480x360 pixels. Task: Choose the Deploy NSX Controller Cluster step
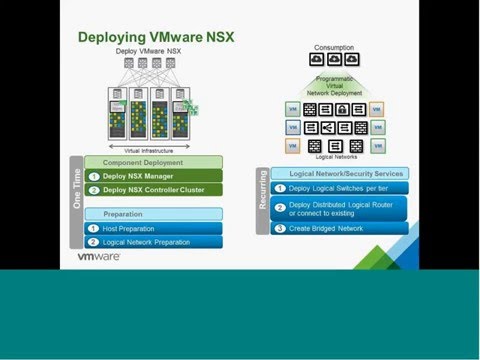149,189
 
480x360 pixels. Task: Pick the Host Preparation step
130,228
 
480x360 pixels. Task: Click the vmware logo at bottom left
99,257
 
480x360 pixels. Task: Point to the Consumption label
334,47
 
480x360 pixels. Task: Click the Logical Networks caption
334,157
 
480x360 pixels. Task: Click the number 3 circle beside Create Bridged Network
280,227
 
